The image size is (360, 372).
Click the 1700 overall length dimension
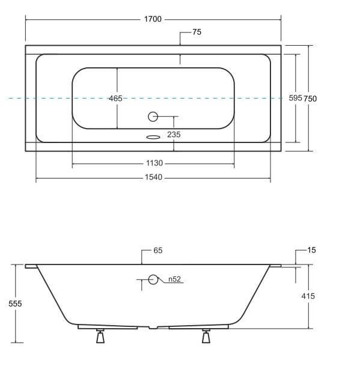153,19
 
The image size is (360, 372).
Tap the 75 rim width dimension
197,32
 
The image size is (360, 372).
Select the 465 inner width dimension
116,99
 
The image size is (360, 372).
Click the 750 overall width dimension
310,99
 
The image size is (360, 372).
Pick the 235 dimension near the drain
174,135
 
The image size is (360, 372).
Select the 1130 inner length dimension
153,163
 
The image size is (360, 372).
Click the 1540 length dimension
153,178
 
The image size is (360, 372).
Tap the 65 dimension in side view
157,251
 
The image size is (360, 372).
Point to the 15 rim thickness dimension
311,250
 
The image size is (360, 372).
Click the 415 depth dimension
308,296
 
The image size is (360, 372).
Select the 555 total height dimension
16,304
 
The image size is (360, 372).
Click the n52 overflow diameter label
174,279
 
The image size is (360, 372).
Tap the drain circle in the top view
153,117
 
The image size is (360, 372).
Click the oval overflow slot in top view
153,136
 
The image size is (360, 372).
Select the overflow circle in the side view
153,279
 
